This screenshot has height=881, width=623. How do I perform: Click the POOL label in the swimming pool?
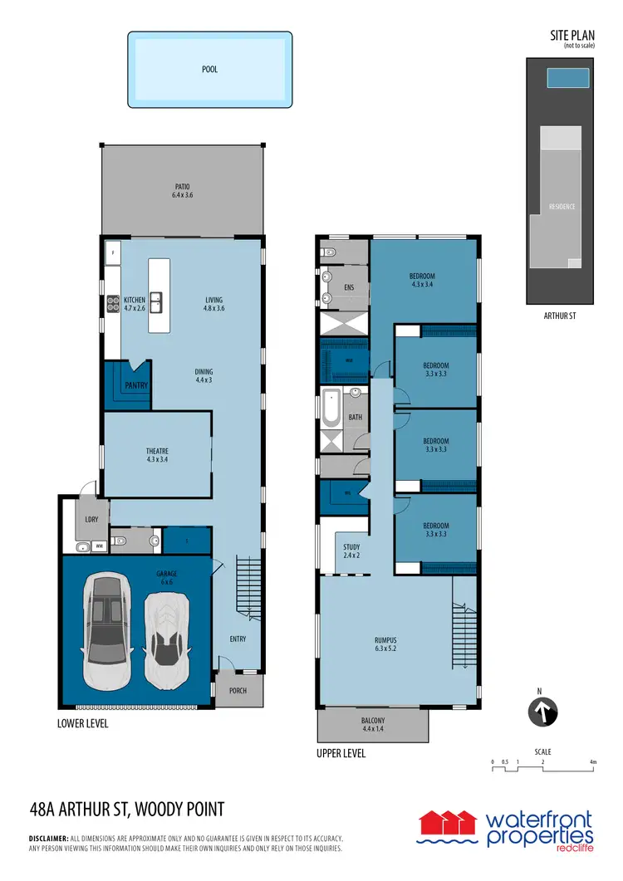209,70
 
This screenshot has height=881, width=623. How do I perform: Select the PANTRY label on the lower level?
135,386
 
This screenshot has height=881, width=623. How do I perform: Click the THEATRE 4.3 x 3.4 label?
157,455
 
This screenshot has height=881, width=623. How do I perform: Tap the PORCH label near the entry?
238,690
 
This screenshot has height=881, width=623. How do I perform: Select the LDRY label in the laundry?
91,521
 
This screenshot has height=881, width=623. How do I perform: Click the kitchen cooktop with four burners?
112,306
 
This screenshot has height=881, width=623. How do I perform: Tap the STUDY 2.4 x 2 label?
351,551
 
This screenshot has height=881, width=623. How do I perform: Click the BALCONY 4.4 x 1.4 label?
372,725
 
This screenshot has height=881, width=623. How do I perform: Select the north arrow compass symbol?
542,712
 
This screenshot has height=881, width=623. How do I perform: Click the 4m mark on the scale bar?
592,761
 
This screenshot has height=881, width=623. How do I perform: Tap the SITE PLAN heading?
572,36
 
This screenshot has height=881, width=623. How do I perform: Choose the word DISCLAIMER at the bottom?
53,839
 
